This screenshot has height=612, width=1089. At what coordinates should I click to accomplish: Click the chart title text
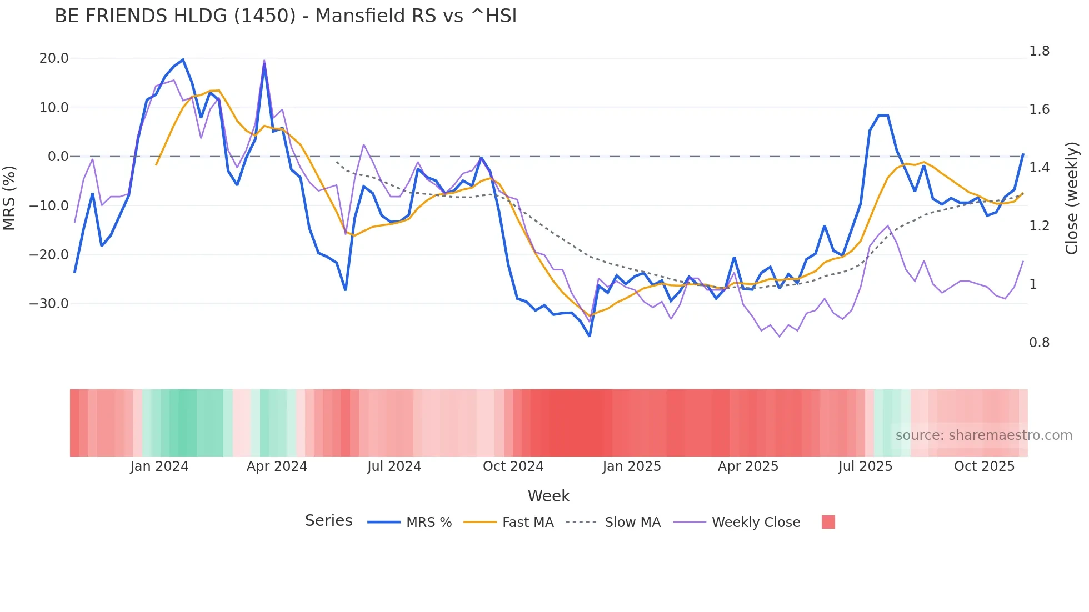(286, 16)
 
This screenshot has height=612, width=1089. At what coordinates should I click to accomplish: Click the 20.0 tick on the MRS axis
(54, 58)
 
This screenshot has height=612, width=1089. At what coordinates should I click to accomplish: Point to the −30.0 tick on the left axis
(49, 304)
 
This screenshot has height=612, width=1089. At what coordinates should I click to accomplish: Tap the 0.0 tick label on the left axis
(58, 157)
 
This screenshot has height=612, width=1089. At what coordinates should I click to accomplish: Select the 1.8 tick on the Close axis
(1039, 51)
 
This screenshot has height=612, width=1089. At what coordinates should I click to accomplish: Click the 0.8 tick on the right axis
(1039, 343)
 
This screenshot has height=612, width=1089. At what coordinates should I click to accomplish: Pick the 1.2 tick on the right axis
(1039, 226)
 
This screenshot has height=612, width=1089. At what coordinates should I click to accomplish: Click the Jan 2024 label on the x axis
(159, 466)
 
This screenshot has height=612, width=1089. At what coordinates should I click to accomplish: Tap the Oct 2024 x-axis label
(513, 466)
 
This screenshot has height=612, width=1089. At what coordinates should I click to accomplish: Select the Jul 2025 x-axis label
(865, 466)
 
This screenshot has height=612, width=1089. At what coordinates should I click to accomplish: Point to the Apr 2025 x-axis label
(748, 466)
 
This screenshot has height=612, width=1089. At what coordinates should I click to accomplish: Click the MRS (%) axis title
(9, 198)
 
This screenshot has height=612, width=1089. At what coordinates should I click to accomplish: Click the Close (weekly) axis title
(1072, 198)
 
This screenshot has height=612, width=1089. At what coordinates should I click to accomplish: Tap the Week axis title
(548, 496)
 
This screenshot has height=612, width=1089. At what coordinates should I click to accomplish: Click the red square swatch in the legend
(828, 522)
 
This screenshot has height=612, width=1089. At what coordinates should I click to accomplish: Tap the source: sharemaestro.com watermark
(983, 435)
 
